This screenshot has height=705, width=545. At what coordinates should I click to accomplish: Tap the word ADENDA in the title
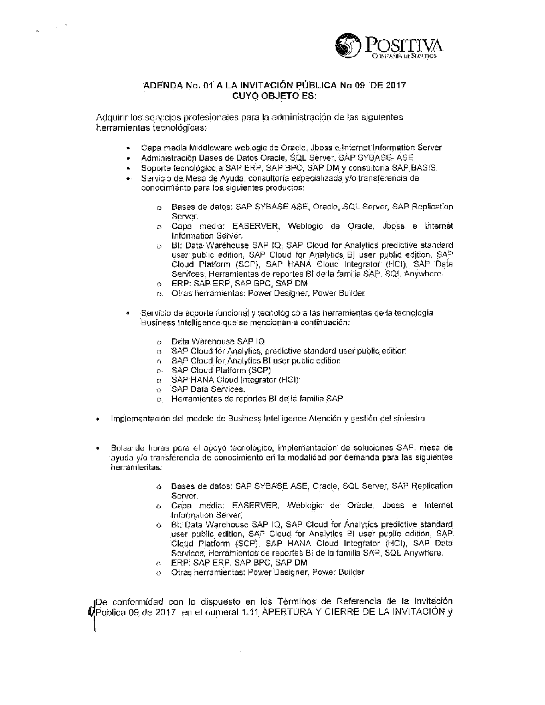coord(161,86)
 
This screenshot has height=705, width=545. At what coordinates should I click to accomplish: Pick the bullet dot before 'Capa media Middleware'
coord(128,148)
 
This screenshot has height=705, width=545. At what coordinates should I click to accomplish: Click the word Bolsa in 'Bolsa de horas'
coord(120,448)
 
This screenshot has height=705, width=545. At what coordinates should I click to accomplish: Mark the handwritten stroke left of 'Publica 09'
coord(92,613)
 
